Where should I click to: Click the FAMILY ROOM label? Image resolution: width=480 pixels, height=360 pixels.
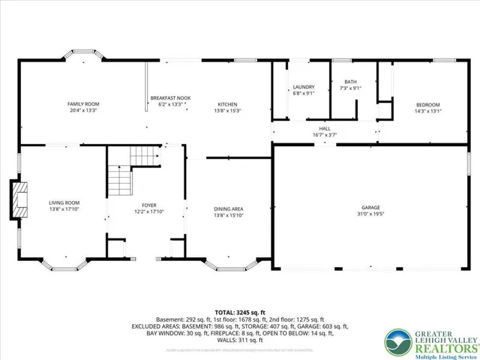click(x=83, y=104)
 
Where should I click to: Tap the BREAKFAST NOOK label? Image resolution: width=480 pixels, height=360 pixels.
click(x=167, y=98)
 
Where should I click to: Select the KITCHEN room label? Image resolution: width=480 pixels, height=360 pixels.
click(x=228, y=104)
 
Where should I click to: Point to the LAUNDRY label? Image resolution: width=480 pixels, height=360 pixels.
click(x=303, y=88)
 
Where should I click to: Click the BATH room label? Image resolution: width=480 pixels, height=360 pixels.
click(x=350, y=82)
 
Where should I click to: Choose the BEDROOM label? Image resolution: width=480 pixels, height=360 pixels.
click(x=427, y=104)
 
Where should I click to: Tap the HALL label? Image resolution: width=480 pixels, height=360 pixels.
click(x=324, y=129)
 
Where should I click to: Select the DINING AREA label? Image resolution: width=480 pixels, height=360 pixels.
click(x=228, y=209)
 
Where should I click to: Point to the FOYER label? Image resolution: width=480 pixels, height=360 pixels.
click(x=148, y=205)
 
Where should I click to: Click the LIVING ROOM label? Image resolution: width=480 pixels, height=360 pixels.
click(x=64, y=202)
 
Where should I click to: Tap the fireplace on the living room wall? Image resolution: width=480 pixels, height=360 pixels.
click(x=18, y=200)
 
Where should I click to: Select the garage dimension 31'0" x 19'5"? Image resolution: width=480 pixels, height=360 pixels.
click(x=370, y=214)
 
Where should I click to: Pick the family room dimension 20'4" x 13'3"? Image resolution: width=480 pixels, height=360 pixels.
click(x=83, y=110)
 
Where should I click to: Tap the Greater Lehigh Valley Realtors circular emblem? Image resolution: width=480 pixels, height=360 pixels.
click(x=397, y=342)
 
